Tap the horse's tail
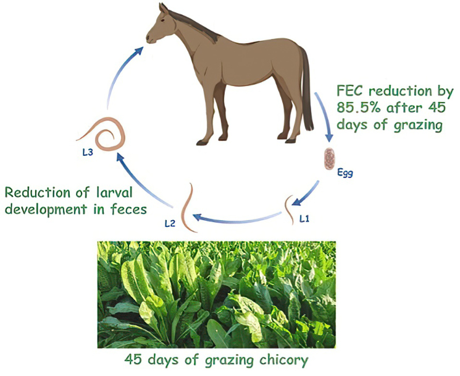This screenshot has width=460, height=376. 306,88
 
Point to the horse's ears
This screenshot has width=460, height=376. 164,8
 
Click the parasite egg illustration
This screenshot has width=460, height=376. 330,158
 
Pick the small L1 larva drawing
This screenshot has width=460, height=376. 289,210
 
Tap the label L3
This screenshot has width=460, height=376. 88,153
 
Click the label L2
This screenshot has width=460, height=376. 170,223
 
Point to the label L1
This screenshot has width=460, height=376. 304,218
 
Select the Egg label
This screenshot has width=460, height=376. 345,173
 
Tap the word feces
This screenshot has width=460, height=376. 129,209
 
